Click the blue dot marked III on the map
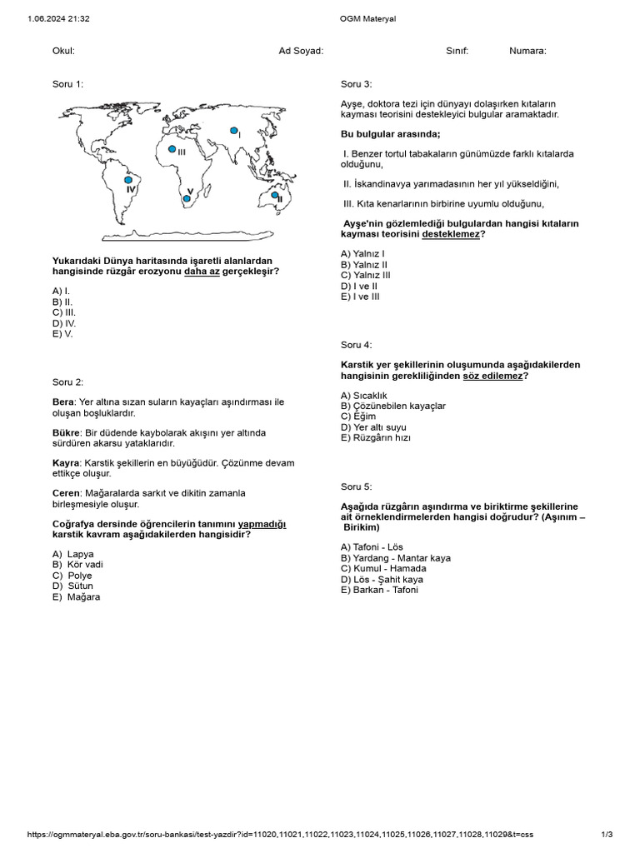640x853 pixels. coord(172,149)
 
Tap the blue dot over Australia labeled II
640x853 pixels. coord(274,195)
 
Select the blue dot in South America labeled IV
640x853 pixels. coord(127,179)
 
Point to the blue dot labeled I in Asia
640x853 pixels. coord(234,132)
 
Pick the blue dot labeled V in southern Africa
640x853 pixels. coord(187,197)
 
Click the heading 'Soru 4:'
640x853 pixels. coord(356,345)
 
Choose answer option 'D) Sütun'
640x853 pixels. coord(72,586)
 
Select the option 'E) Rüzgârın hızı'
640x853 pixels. coord(376,438)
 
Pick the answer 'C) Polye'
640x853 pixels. coord(72,576)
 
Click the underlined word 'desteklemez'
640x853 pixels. coord(451,235)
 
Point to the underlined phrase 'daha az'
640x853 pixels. coord(202,272)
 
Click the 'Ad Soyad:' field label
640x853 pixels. coord(301,51)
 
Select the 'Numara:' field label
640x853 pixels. coord(527,51)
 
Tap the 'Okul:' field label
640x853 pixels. coord(63,51)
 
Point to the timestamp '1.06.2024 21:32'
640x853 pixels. coord(58,17)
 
